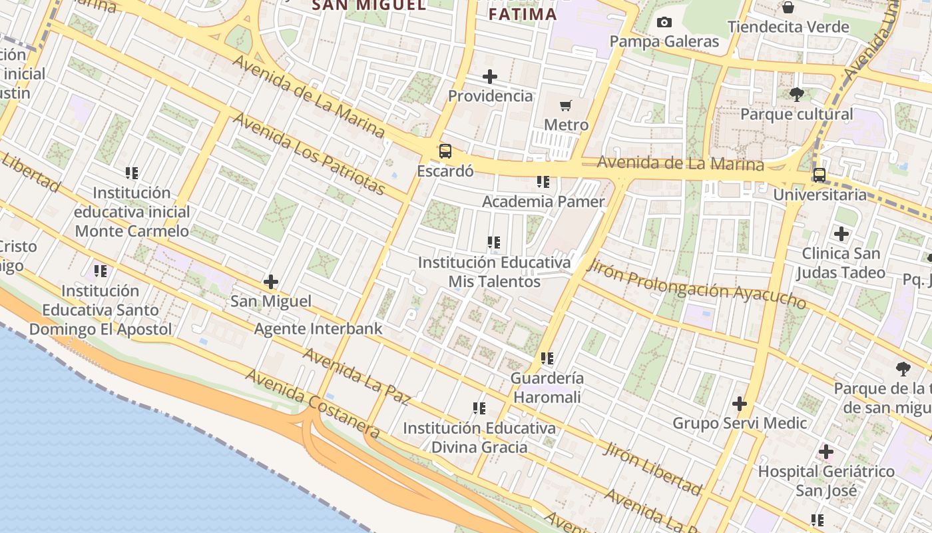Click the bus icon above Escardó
[445, 151]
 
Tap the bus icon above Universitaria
[819, 175]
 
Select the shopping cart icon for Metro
[566, 105]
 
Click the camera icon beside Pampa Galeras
[664, 23]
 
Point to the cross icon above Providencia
[490, 77]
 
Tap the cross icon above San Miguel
[271, 282]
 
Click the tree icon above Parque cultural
[796, 95]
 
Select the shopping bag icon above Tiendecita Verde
[788, 7]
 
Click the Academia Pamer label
[543, 201]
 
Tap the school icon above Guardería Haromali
[547, 358]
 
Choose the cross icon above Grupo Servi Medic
[740, 404]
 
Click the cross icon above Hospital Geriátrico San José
[826, 452]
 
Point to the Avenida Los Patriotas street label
[309, 154]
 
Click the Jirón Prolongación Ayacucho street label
[697, 284]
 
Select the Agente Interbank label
[318, 328]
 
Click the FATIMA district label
[523, 14]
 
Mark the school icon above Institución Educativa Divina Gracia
[479, 408]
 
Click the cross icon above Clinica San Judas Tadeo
[841, 234]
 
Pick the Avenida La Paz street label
[356, 376]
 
